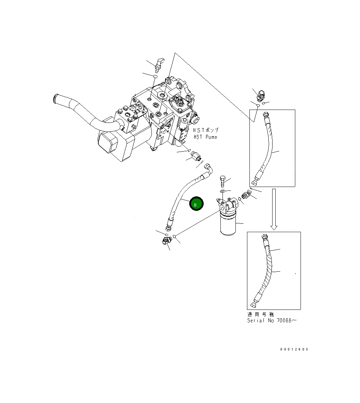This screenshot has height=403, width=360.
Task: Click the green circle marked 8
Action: pyautogui.click(x=196, y=203)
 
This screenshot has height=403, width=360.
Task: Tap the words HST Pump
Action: pyautogui.click(x=205, y=137)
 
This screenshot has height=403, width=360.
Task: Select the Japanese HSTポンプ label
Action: pyautogui.click(x=206, y=130)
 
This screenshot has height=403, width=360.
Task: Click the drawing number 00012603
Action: pyautogui.click(x=294, y=349)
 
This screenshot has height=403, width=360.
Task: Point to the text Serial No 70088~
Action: pyautogui.click(x=272, y=320)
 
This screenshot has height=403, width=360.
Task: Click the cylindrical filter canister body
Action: pyautogui.click(x=228, y=224)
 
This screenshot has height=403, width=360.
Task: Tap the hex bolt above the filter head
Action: pyautogui.click(x=223, y=181)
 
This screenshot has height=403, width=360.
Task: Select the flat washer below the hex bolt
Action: pyautogui.click(x=223, y=192)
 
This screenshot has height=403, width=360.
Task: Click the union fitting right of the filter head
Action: pyautogui.click(x=246, y=194)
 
